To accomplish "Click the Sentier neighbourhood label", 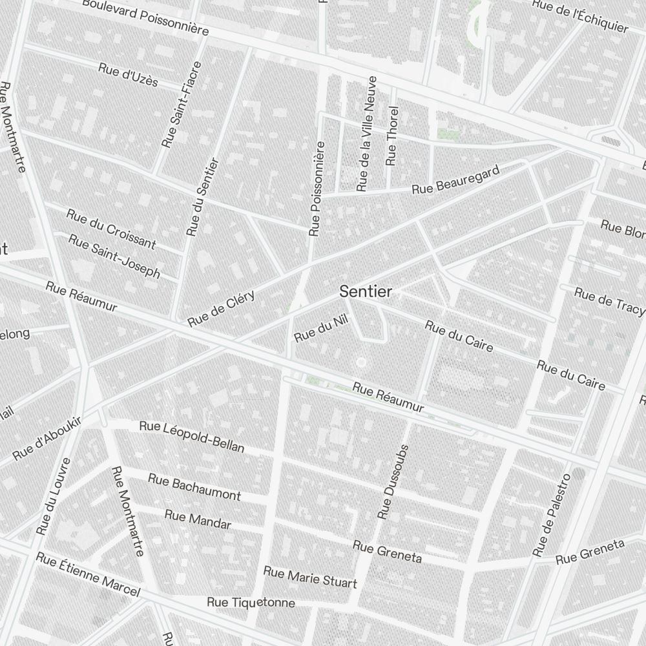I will pyautogui.click(x=366, y=292).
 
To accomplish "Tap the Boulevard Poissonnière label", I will pyautogui.click(x=145, y=17).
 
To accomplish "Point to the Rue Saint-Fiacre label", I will pyautogui.click(x=182, y=105).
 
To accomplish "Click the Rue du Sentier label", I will pyautogui.click(x=203, y=197).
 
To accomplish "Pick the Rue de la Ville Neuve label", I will pyautogui.click(x=366, y=134).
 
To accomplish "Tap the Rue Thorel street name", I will pyautogui.click(x=391, y=136).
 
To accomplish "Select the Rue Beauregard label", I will pyautogui.click(x=456, y=180).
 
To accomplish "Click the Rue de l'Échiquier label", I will pyautogui.click(x=580, y=16).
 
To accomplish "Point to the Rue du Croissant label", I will pyautogui.click(x=111, y=228).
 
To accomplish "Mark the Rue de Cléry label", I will pyautogui.click(x=222, y=309).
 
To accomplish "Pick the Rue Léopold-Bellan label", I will pyautogui.click(x=192, y=437).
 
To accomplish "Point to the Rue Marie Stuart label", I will pyautogui.click(x=310, y=578).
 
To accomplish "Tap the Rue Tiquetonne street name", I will pyautogui.click(x=251, y=603).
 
